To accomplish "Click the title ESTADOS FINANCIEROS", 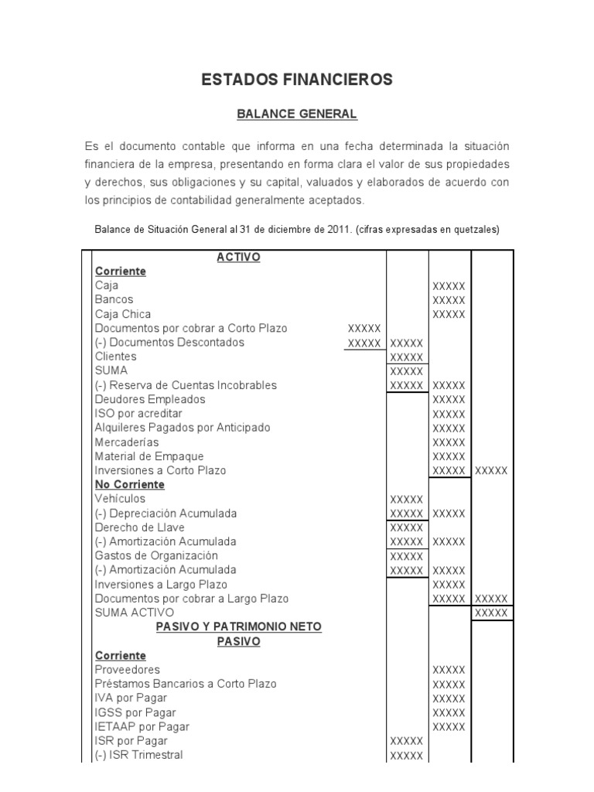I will pyautogui.click(x=297, y=80).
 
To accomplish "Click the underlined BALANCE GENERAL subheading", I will pyautogui.click(x=297, y=114).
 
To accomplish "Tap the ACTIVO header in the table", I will pyautogui.click(x=238, y=258).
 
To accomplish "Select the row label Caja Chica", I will pyautogui.click(x=123, y=314).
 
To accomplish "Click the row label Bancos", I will pyautogui.click(x=114, y=299).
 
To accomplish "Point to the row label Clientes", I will pyautogui.click(x=115, y=357).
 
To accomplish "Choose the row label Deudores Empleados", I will pyautogui.click(x=150, y=399).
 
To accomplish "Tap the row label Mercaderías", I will pyautogui.click(x=127, y=442).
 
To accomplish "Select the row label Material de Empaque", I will pyautogui.click(x=149, y=456).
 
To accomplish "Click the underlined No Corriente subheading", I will pyautogui.click(x=130, y=484).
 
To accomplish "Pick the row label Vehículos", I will pyautogui.click(x=120, y=499).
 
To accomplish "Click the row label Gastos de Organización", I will pyautogui.click(x=156, y=555).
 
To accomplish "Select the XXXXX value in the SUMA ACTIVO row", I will pyautogui.click(x=491, y=613).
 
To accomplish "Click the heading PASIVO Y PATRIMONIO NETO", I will pyautogui.click(x=238, y=626).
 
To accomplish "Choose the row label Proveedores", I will pyautogui.click(x=127, y=669).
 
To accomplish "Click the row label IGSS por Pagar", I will pyautogui.click(x=135, y=712).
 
